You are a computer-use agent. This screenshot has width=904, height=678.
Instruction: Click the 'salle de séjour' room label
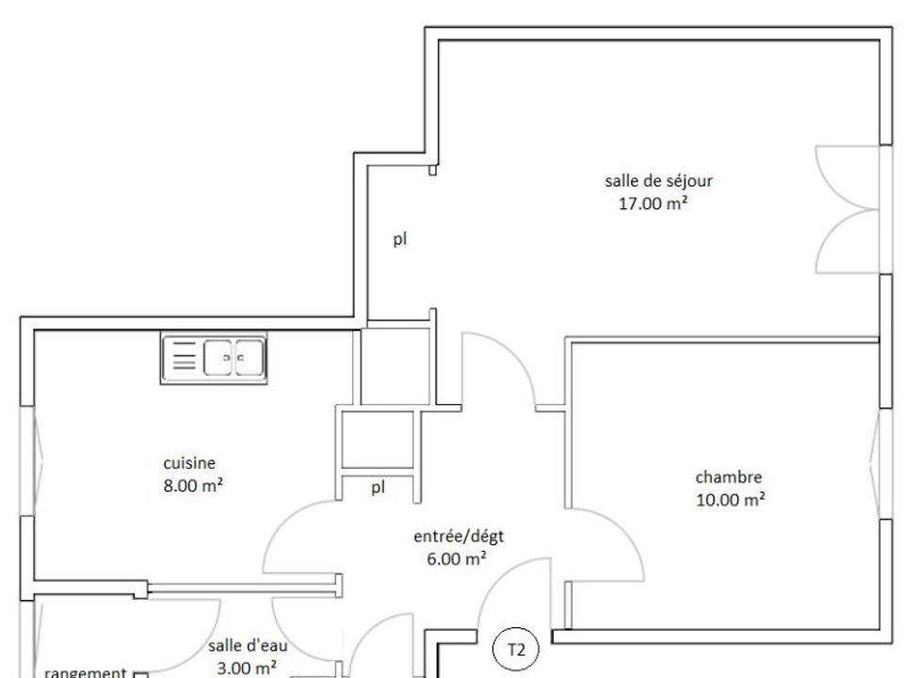pyautogui.click(x=658, y=181)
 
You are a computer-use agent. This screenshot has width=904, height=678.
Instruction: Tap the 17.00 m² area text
pyautogui.click(x=654, y=203)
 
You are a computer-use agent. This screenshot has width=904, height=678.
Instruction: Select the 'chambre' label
pyautogui.click(x=729, y=476)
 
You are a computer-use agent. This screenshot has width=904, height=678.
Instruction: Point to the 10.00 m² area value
pyautogui.click(x=731, y=499)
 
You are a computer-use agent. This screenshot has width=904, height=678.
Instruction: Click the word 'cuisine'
pyautogui.click(x=189, y=463)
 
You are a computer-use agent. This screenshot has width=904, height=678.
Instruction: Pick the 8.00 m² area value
pyautogui.click(x=193, y=486)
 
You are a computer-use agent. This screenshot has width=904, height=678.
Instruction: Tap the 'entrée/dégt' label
pyautogui.click(x=459, y=537)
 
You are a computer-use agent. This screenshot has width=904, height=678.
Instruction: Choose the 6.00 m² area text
pyautogui.click(x=457, y=558)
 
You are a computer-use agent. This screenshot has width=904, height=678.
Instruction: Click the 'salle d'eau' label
pyautogui.click(x=248, y=646)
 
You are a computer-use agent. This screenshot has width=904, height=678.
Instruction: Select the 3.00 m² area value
pyautogui.click(x=247, y=669)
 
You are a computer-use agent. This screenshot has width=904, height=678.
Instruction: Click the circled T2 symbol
pyautogui.click(x=516, y=650)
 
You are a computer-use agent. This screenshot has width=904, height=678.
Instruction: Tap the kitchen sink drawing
pyautogui.click(x=214, y=358)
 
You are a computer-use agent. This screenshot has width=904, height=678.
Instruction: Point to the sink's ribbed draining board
pyautogui.click(x=185, y=357)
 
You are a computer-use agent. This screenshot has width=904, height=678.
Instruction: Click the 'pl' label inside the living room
pyautogui.click(x=400, y=239)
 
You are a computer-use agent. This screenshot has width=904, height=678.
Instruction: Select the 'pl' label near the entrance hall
pyautogui.click(x=378, y=489)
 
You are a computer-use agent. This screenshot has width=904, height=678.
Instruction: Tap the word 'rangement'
pyautogui.click(x=86, y=672)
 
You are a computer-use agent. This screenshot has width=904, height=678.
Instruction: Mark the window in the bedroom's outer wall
pyautogui.click(x=880, y=463)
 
